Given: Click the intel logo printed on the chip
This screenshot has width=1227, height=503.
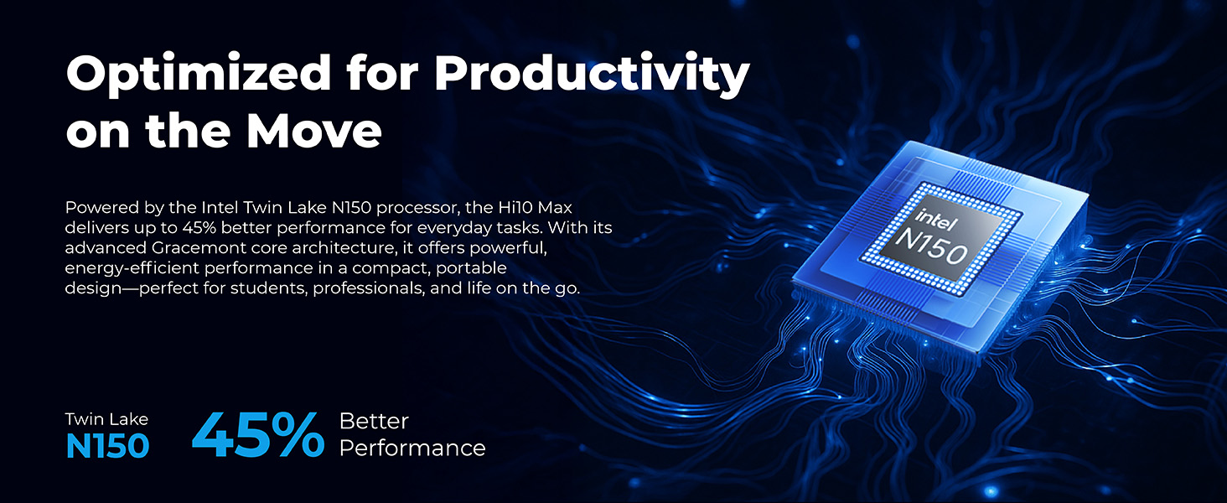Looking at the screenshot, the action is point(936,220).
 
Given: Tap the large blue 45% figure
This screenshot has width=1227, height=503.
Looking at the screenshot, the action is point(258,435).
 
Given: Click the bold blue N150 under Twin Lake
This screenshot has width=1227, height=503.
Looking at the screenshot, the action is point(107,447).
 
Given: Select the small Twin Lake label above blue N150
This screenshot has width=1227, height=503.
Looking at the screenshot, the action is point(106,419).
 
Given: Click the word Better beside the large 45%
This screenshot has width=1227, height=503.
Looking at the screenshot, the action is point(374,422).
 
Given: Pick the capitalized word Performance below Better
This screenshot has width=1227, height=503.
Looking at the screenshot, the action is point(412,449).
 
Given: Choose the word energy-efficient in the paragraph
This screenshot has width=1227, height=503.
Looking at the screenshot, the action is point(132,268).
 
